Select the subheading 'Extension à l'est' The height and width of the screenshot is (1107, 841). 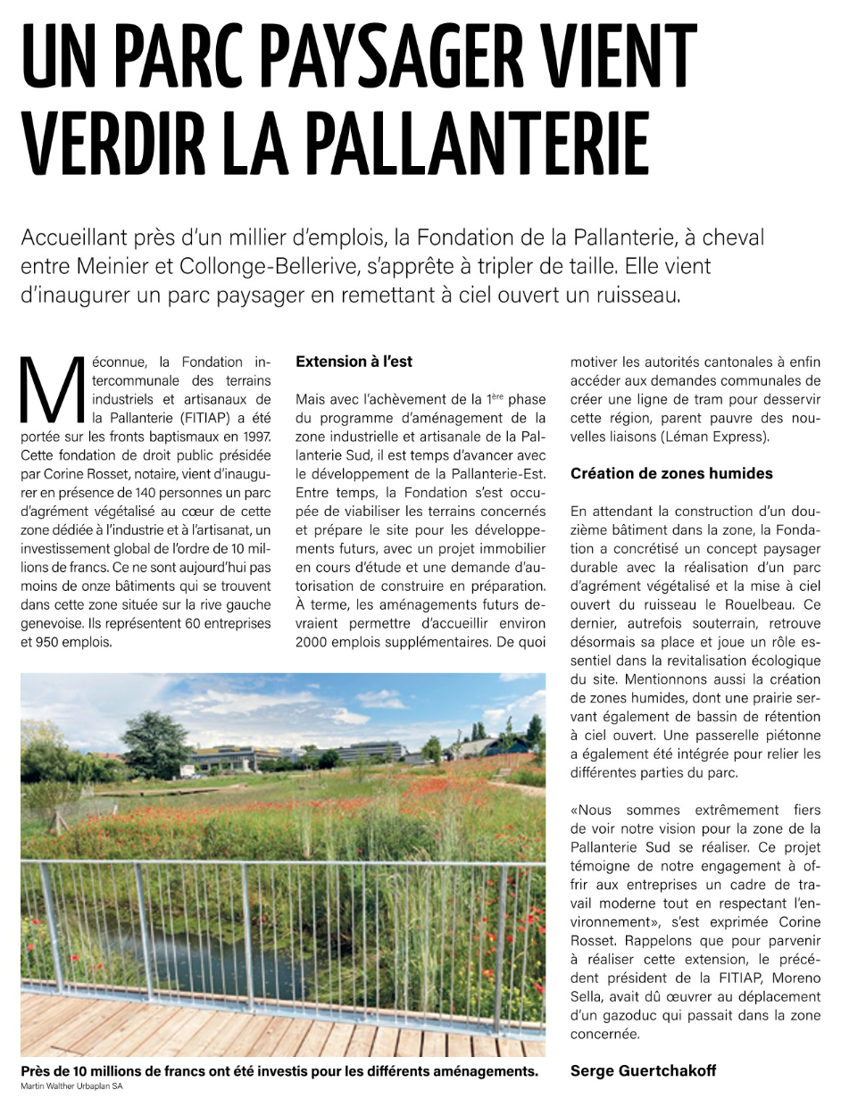tap(354, 362)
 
